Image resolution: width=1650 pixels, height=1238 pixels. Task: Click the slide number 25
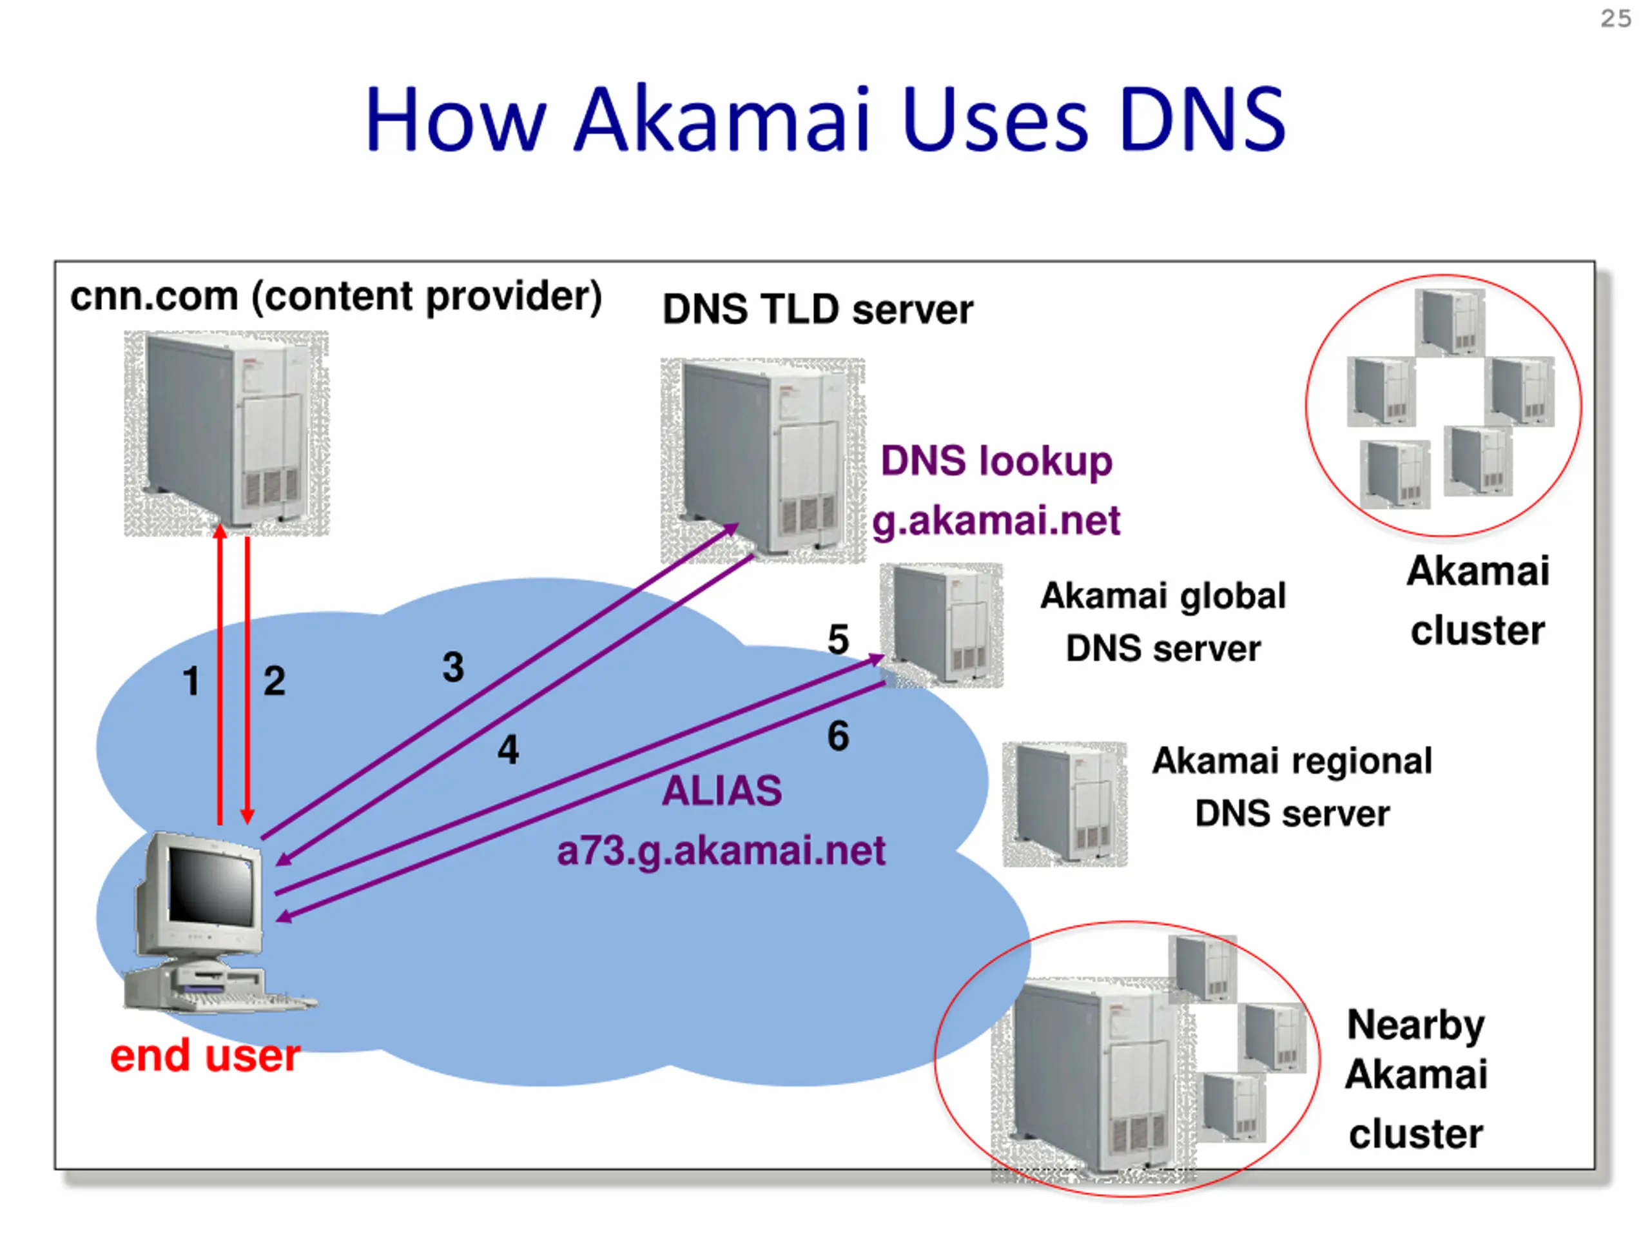[x=1615, y=19]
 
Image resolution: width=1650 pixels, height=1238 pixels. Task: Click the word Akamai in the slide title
[x=722, y=119]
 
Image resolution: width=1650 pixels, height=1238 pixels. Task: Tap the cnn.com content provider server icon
[x=226, y=433]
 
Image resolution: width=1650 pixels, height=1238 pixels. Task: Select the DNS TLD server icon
[x=762, y=460]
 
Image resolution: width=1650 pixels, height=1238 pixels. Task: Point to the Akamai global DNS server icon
[x=942, y=625]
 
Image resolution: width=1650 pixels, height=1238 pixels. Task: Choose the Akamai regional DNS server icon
[x=1065, y=803]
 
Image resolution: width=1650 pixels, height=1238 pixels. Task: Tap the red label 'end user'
[x=205, y=1056]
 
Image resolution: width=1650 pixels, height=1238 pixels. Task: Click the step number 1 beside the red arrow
[x=191, y=682]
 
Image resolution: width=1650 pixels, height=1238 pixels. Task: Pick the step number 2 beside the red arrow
[x=274, y=682]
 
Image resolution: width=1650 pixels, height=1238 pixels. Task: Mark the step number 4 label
[x=508, y=749]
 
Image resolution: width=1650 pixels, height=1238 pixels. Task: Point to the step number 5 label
[x=838, y=640]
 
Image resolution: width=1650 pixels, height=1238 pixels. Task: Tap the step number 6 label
[x=838, y=736]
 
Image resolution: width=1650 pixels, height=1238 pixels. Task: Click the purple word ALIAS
[x=721, y=791]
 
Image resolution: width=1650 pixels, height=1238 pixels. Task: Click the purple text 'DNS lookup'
[x=996, y=461]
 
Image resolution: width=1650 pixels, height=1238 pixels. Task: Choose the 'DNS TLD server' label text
[x=817, y=309]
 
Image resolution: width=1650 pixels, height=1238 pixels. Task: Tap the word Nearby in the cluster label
[x=1415, y=1025]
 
